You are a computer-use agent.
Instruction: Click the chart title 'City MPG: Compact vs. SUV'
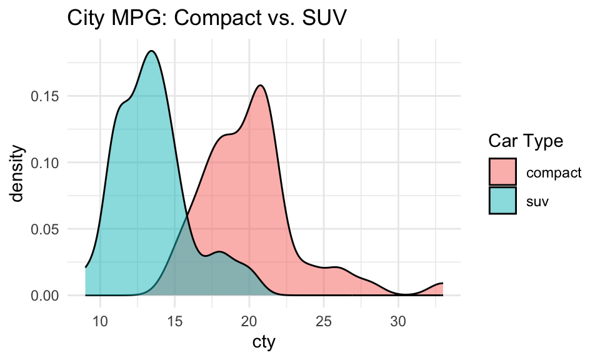tap(207, 19)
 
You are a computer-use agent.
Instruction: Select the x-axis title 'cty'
tap(264, 342)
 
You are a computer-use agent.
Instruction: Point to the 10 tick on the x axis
tap(100, 322)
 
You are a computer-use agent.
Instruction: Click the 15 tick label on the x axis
tap(174, 322)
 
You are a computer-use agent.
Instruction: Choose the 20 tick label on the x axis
tap(249, 322)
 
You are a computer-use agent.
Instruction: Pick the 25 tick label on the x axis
tap(323, 322)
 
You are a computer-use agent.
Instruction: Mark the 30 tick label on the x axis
tap(398, 322)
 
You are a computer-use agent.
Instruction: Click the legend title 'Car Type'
tap(526, 142)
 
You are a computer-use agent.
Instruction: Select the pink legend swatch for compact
tap(502, 172)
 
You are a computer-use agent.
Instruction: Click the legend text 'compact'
tap(554, 173)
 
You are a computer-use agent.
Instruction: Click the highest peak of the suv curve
tap(152, 51)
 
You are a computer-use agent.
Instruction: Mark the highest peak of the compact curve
tap(261, 86)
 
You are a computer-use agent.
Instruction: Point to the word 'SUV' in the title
tap(324, 19)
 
